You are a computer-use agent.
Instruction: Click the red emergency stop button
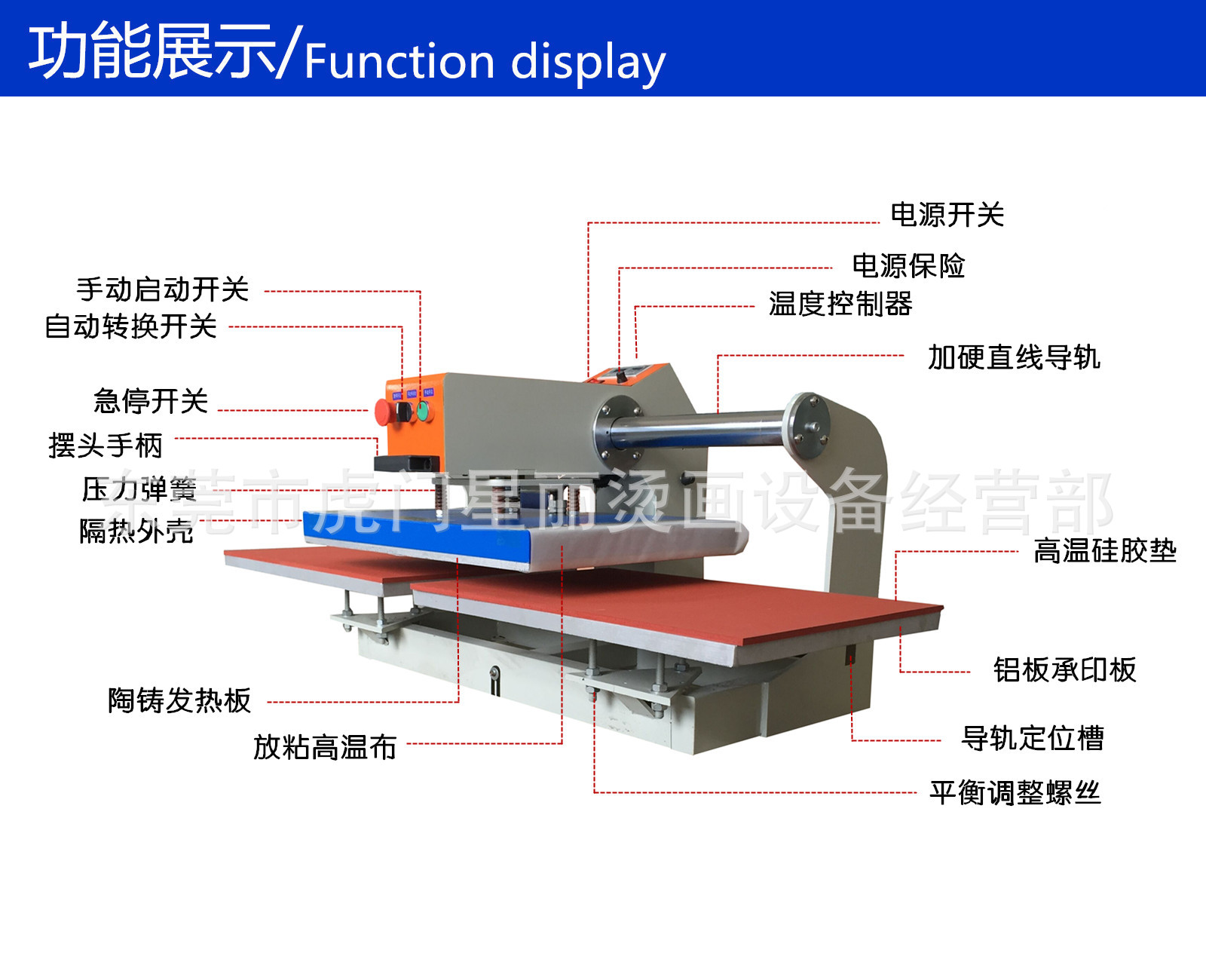click(383, 412)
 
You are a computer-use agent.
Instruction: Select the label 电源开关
click(947, 215)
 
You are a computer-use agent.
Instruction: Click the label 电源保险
click(908, 265)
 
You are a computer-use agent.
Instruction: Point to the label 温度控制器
click(840, 304)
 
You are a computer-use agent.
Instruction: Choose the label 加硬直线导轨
click(1013, 357)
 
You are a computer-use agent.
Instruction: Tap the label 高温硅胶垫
click(1104, 551)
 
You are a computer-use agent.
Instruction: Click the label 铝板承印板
click(1064, 669)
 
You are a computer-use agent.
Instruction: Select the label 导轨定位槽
click(1033, 738)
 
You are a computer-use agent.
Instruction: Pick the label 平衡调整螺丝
click(1015, 793)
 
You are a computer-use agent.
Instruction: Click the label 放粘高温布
click(325, 747)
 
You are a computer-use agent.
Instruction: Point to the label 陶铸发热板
click(179, 700)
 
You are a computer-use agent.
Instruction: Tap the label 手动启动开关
click(163, 289)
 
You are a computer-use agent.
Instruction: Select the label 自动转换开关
click(131, 326)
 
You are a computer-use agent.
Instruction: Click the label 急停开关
click(151, 401)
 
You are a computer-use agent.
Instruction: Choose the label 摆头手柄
click(106, 446)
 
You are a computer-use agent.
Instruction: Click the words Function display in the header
click(485, 62)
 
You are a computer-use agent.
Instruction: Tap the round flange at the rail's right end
click(807, 426)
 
